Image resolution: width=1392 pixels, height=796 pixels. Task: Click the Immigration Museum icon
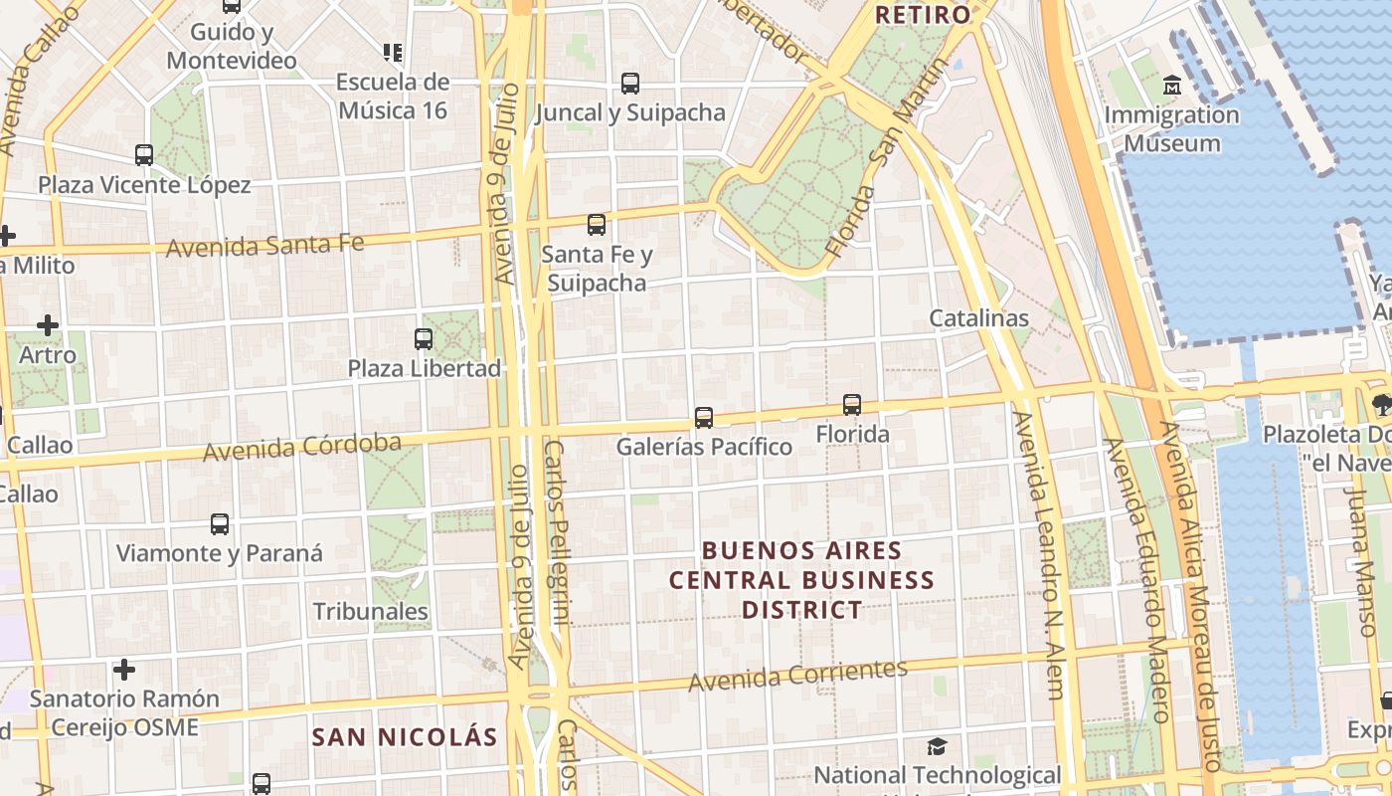pyautogui.click(x=1172, y=86)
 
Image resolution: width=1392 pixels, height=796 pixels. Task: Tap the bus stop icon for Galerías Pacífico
pyautogui.click(x=704, y=417)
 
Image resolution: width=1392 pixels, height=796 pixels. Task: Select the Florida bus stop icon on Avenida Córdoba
pyautogui.click(x=852, y=404)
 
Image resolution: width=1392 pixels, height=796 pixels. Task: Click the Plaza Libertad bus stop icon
pyautogui.click(x=424, y=338)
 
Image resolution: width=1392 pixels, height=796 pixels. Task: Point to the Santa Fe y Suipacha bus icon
pyautogui.click(x=597, y=225)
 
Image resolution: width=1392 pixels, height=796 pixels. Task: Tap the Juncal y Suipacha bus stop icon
pyautogui.click(x=630, y=83)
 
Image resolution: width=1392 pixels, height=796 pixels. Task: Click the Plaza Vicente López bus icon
pyautogui.click(x=144, y=155)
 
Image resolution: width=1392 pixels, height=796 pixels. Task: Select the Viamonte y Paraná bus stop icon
pyautogui.click(x=220, y=523)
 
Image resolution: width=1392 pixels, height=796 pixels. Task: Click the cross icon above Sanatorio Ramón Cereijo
pyautogui.click(x=124, y=669)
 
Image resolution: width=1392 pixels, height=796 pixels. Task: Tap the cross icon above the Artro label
pyautogui.click(x=48, y=325)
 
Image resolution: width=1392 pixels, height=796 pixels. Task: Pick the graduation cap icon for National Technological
pyautogui.click(x=937, y=746)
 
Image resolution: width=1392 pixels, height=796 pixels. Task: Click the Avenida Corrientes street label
pyautogui.click(x=798, y=676)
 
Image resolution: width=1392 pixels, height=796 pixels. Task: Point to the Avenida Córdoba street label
pyautogui.click(x=302, y=448)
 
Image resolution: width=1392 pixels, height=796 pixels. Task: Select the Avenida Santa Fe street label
pyautogui.click(x=265, y=244)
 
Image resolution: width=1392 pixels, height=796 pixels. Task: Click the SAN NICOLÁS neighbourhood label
pyautogui.click(x=404, y=737)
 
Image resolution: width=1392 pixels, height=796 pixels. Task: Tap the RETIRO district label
pyautogui.click(x=922, y=15)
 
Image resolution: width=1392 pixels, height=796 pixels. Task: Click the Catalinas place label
pyautogui.click(x=978, y=318)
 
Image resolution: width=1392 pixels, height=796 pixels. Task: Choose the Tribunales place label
pyautogui.click(x=371, y=611)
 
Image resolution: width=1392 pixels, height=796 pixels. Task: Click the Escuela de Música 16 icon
pyautogui.click(x=392, y=52)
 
